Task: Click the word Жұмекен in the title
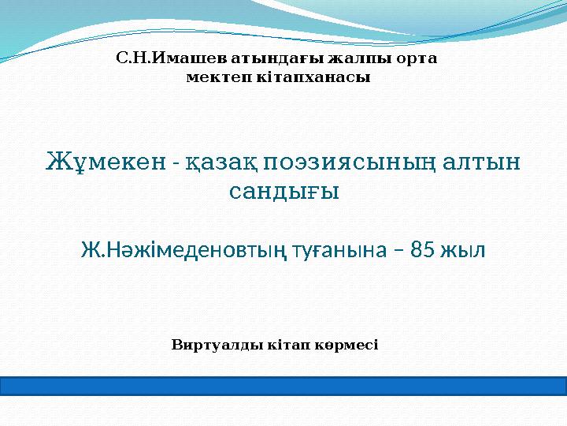coord(106,162)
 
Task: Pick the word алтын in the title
coord(481,162)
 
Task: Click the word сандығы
coord(284,191)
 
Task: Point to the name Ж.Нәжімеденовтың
coord(184,249)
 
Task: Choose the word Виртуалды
coord(217,345)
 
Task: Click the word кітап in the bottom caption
coord(288,345)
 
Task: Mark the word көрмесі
coord(346,345)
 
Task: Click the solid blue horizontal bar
coord(283,386)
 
